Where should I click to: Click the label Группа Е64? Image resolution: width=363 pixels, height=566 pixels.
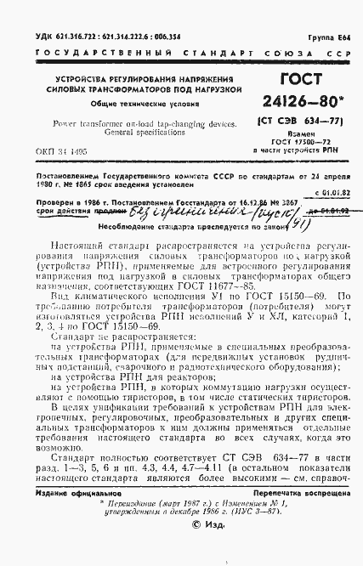[329, 9]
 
